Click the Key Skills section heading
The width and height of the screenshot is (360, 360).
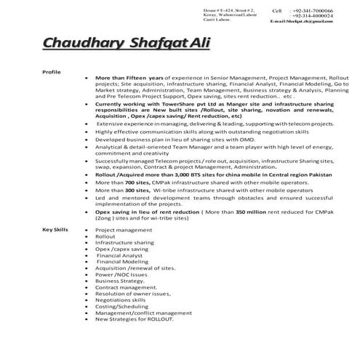55,230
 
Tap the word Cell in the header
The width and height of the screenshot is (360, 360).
276,12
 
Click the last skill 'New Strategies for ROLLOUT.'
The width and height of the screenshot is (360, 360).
135,319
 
